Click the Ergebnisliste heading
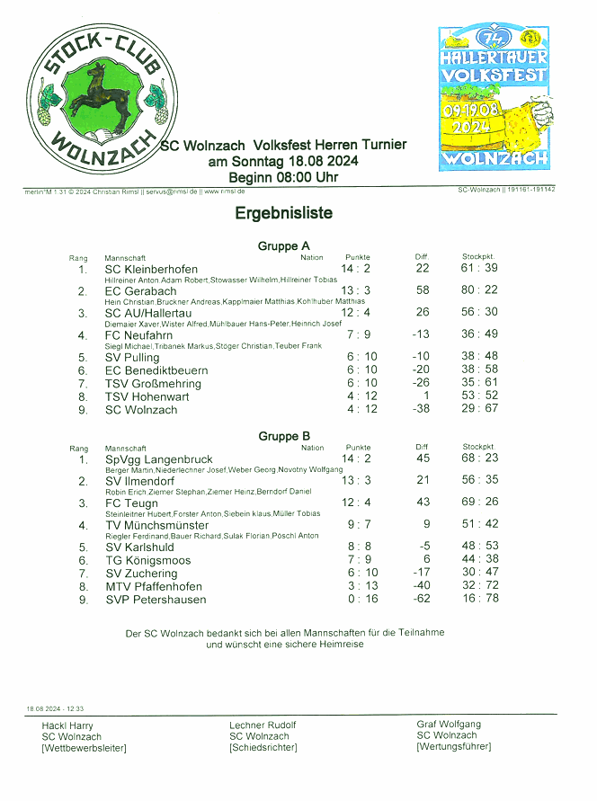[284, 213]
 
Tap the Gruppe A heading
[283, 245]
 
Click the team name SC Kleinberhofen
[151, 269]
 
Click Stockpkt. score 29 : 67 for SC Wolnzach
[479, 409]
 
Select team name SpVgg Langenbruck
[159, 459]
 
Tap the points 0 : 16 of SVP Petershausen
[361, 599]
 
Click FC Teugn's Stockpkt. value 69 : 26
[480, 502]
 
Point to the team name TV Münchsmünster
[157, 525]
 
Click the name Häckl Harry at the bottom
[67, 725]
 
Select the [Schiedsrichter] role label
[263, 747]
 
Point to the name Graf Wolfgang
[448, 724]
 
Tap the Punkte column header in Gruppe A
[358, 257]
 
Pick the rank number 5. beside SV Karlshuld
[84, 547]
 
